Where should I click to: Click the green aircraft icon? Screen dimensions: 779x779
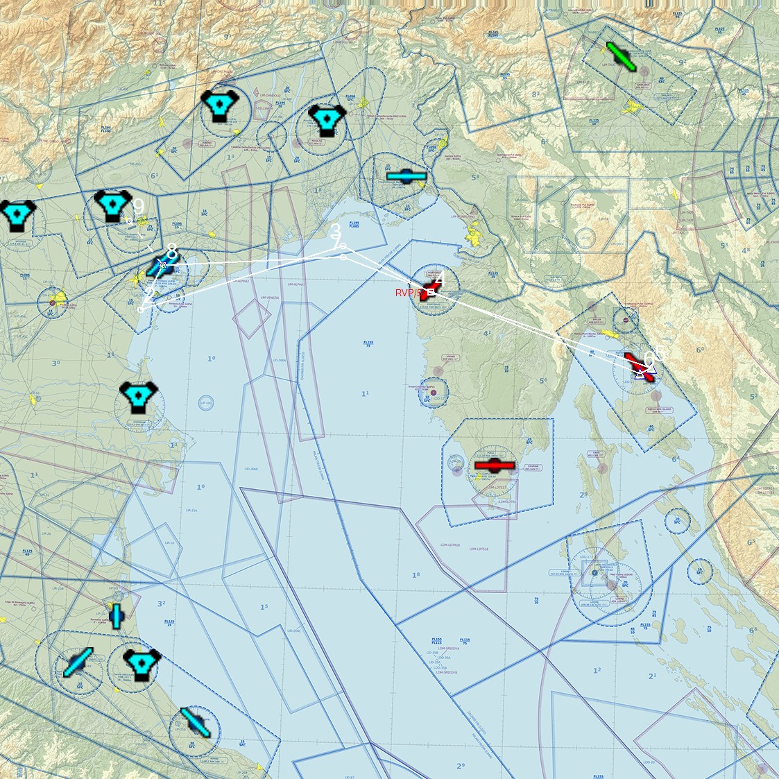(x=622, y=57)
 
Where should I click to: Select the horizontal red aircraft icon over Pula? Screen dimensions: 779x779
(x=494, y=465)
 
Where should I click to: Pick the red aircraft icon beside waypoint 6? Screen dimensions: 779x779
(x=639, y=367)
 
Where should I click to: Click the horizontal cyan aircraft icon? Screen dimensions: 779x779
(x=406, y=176)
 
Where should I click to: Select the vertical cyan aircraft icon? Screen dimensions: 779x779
(x=117, y=615)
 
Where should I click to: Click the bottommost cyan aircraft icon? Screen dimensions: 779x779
(x=196, y=722)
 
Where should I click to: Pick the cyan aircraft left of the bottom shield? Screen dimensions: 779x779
(x=78, y=662)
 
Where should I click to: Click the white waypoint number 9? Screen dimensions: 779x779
(x=138, y=207)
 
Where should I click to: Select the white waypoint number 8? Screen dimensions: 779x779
(x=171, y=252)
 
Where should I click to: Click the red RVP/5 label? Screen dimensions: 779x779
(x=408, y=293)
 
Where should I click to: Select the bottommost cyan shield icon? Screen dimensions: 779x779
(x=142, y=665)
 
